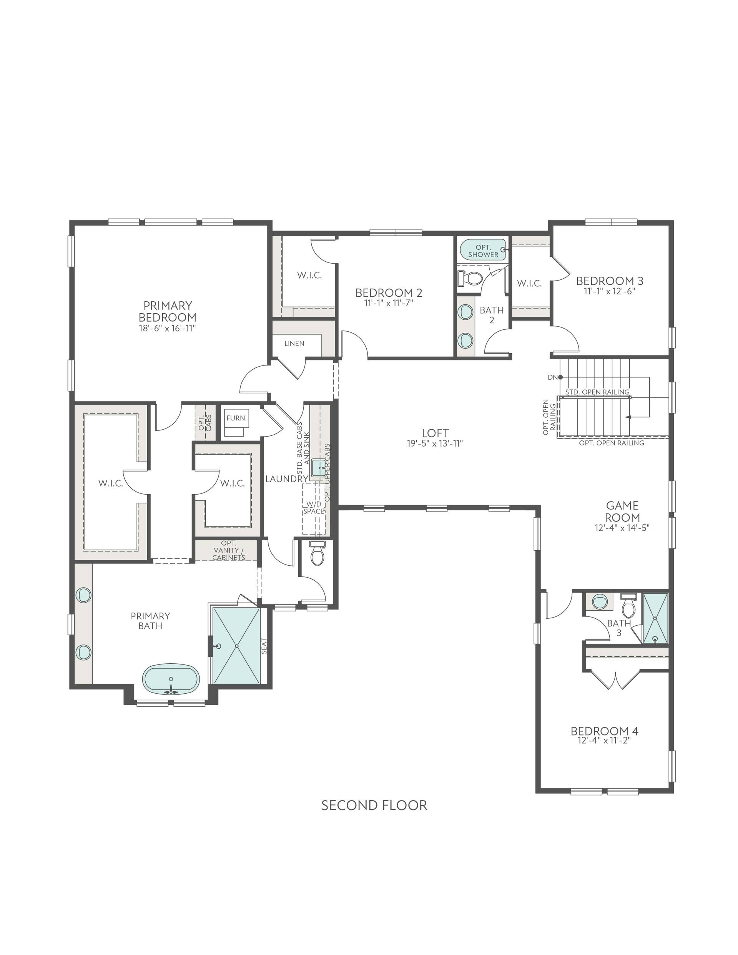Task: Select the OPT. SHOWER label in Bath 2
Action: [x=483, y=251]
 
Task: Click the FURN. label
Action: [x=236, y=418]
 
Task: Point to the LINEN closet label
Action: [x=294, y=343]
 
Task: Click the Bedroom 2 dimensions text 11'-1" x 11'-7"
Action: [x=389, y=303]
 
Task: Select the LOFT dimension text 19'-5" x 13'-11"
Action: [x=435, y=443]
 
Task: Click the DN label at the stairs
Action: [x=552, y=377]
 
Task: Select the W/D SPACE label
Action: [x=314, y=507]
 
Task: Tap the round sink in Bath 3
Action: [x=599, y=602]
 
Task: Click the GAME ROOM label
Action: [x=622, y=511]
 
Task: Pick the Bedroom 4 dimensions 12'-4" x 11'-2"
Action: [x=604, y=740]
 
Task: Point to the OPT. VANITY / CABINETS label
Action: [x=228, y=550]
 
